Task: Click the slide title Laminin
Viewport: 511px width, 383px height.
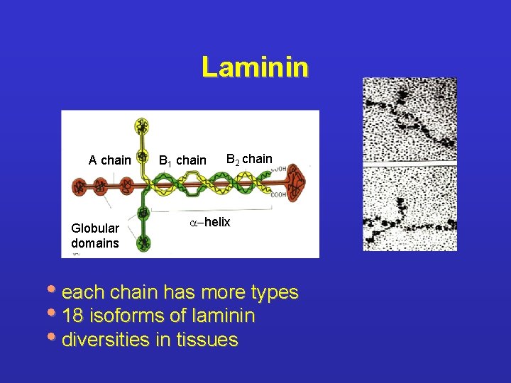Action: tap(255, 67)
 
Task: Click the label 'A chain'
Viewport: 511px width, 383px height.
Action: tap(109, 160)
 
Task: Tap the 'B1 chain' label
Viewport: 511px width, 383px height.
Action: tap(182, 161)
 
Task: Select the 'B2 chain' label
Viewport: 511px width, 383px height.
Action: tap(248, 159)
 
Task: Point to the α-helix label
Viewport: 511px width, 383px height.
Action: tap(210, 222)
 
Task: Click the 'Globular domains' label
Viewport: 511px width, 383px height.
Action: tap(95, 235)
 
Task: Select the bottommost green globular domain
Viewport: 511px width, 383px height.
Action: tap(143, 243)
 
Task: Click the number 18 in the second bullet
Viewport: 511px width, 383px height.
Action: tap(72, 316)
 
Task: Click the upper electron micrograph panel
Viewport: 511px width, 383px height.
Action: tap(409, 120)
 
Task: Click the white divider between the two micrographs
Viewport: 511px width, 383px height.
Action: tap(409, 165)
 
